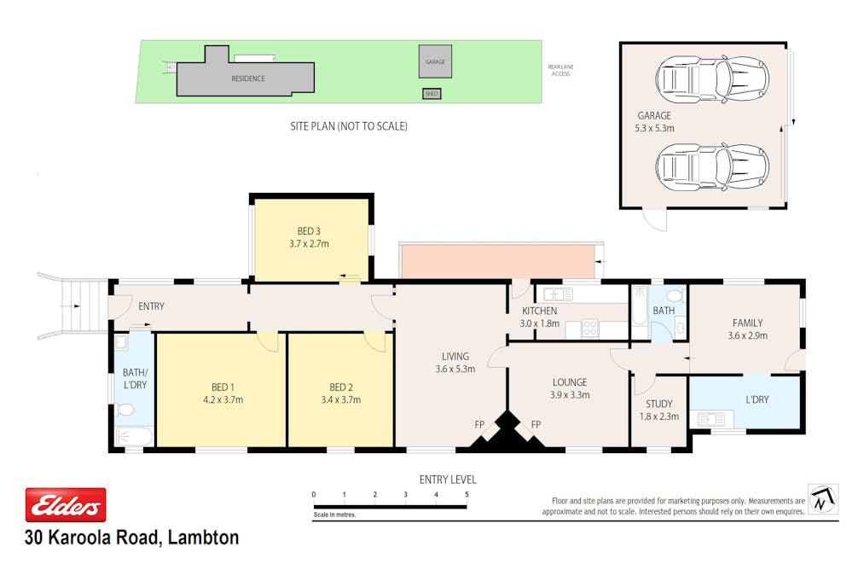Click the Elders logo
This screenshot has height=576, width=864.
tap(66, 505)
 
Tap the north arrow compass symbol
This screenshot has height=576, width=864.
tap(823, 499)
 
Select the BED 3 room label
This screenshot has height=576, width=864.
tap(309, 231)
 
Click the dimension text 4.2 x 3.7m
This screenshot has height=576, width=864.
tap(223, 399)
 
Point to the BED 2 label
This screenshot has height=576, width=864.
tap(341, 387)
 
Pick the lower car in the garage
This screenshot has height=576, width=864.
tap(705, 166)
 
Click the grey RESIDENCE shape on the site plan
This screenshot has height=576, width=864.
tap(247, 79)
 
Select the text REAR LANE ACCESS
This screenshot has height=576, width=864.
tap(560, 71)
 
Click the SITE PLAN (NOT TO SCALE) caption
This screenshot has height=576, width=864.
tap(349, 126)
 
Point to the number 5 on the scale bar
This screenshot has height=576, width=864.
tap(467, 495)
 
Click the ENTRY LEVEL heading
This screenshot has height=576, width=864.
tap(448, 480)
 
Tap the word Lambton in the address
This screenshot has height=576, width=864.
tap(204, 538)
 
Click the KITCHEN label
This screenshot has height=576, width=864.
tap(539, 311)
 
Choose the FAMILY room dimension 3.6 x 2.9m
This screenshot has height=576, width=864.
tap(747, 335)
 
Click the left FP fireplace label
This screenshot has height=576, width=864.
tap(479, 424)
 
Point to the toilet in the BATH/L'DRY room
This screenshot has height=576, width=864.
tap(125, 411)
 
